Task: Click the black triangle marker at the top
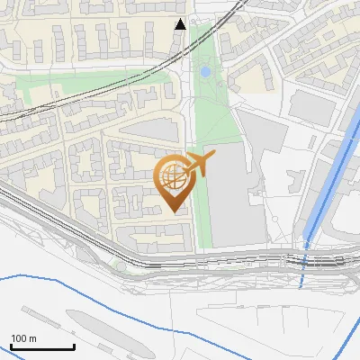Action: click(180, 24)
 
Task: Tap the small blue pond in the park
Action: click(205, 70)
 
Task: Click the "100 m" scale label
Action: click(24, 338)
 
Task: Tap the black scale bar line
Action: click(42, 347)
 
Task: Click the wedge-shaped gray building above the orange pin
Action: click(149, 131)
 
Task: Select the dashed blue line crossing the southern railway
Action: click(303, 266)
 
